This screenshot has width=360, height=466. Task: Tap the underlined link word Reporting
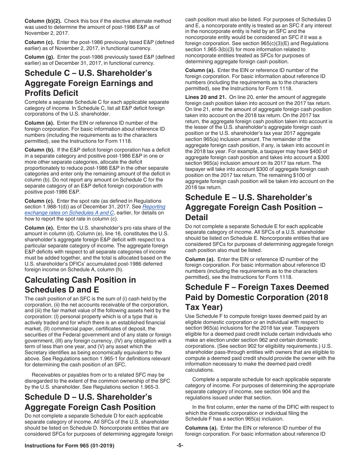154,207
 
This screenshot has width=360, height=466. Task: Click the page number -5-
180,446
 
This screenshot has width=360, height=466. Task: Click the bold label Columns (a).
201,428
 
